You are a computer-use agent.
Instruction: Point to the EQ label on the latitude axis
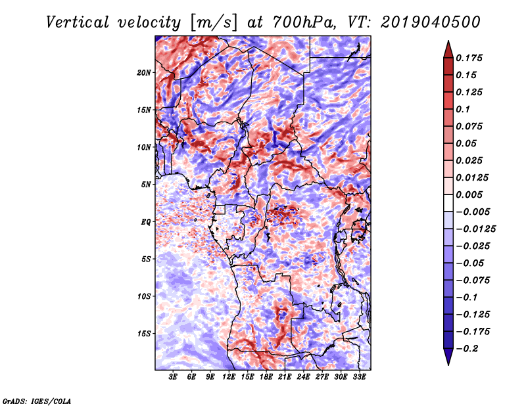(x=146, y=222)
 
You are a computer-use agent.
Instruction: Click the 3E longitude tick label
(x=174, y=377)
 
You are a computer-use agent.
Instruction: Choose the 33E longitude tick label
(x=360, y=377)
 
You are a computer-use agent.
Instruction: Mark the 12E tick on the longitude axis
(x=229, y=377)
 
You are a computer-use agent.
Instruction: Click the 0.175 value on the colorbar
(x=471, y=58)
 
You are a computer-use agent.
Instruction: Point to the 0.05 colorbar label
(x=469, y=143)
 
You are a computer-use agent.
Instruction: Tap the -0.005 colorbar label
(x=475, y=212)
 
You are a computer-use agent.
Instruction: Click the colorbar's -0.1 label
(x=469, y=297)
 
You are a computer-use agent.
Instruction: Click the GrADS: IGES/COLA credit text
(x=36, y=400)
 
